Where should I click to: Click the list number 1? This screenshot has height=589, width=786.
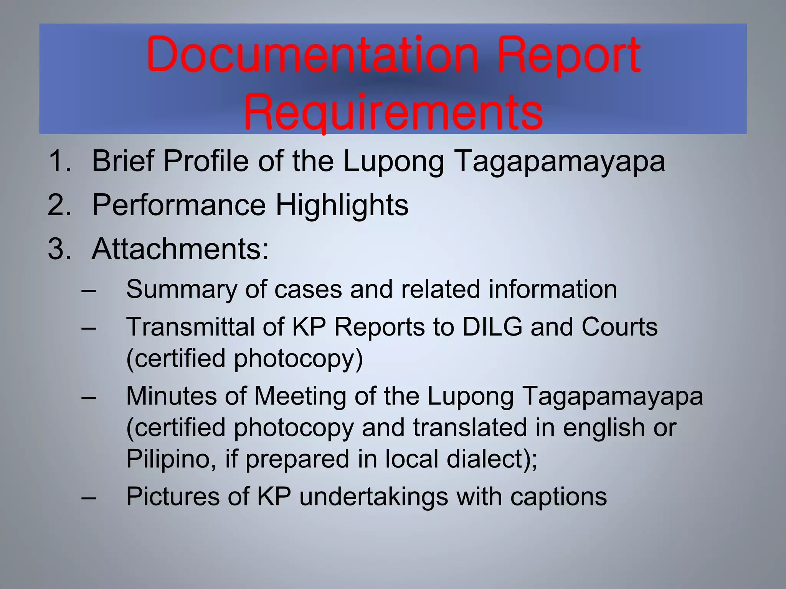(x=59, y=161)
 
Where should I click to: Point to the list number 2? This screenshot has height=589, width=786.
(x=59, y=205)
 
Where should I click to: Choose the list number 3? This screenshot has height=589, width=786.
(x=59, y=249)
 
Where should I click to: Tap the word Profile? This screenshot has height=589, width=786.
(x=206, y=161)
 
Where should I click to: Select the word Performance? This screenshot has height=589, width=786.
(x=179, y=205)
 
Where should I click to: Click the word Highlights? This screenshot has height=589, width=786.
(x=342, y=205)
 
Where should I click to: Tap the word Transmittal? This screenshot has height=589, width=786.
(x=190, y=327)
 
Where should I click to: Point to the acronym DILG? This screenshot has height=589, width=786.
(x=492, y=327)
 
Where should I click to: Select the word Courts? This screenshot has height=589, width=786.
(x=619, y=327)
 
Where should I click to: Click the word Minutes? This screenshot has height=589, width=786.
(x=171, y=396)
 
